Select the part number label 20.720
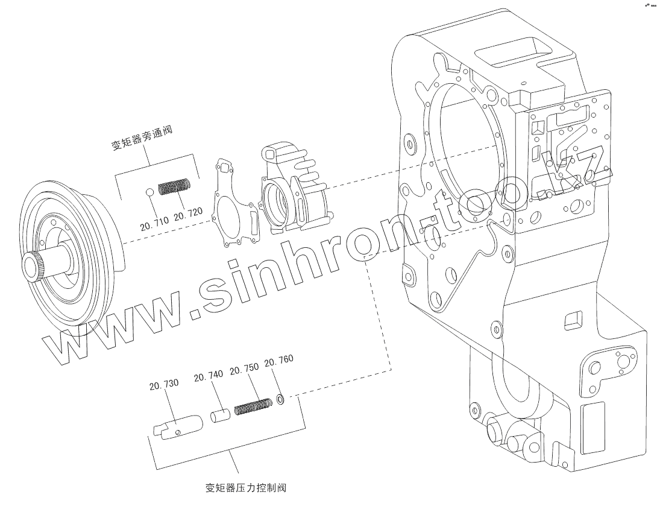coord(188,214)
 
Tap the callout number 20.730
coord(164,384)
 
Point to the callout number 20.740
coord(208,377)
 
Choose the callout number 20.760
coord(279,361)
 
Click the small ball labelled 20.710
coord(149,192)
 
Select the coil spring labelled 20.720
coord(175,186)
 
